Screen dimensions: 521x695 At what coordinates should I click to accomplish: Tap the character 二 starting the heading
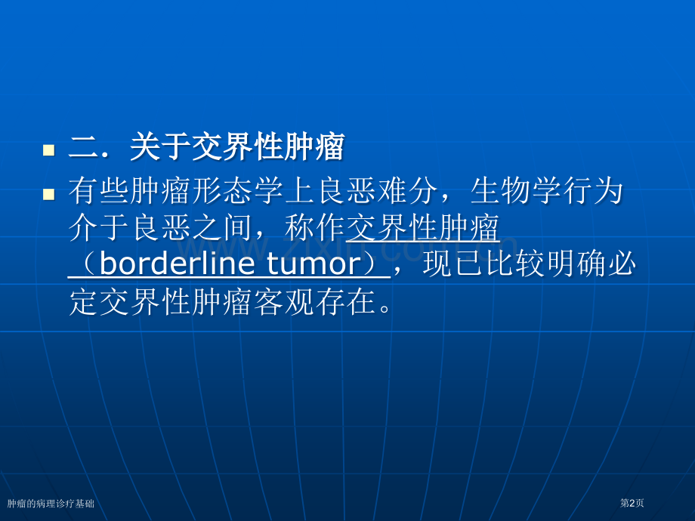click(x=82, y=148)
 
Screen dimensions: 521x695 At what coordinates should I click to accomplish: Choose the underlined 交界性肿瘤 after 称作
click(x=422, y=228)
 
